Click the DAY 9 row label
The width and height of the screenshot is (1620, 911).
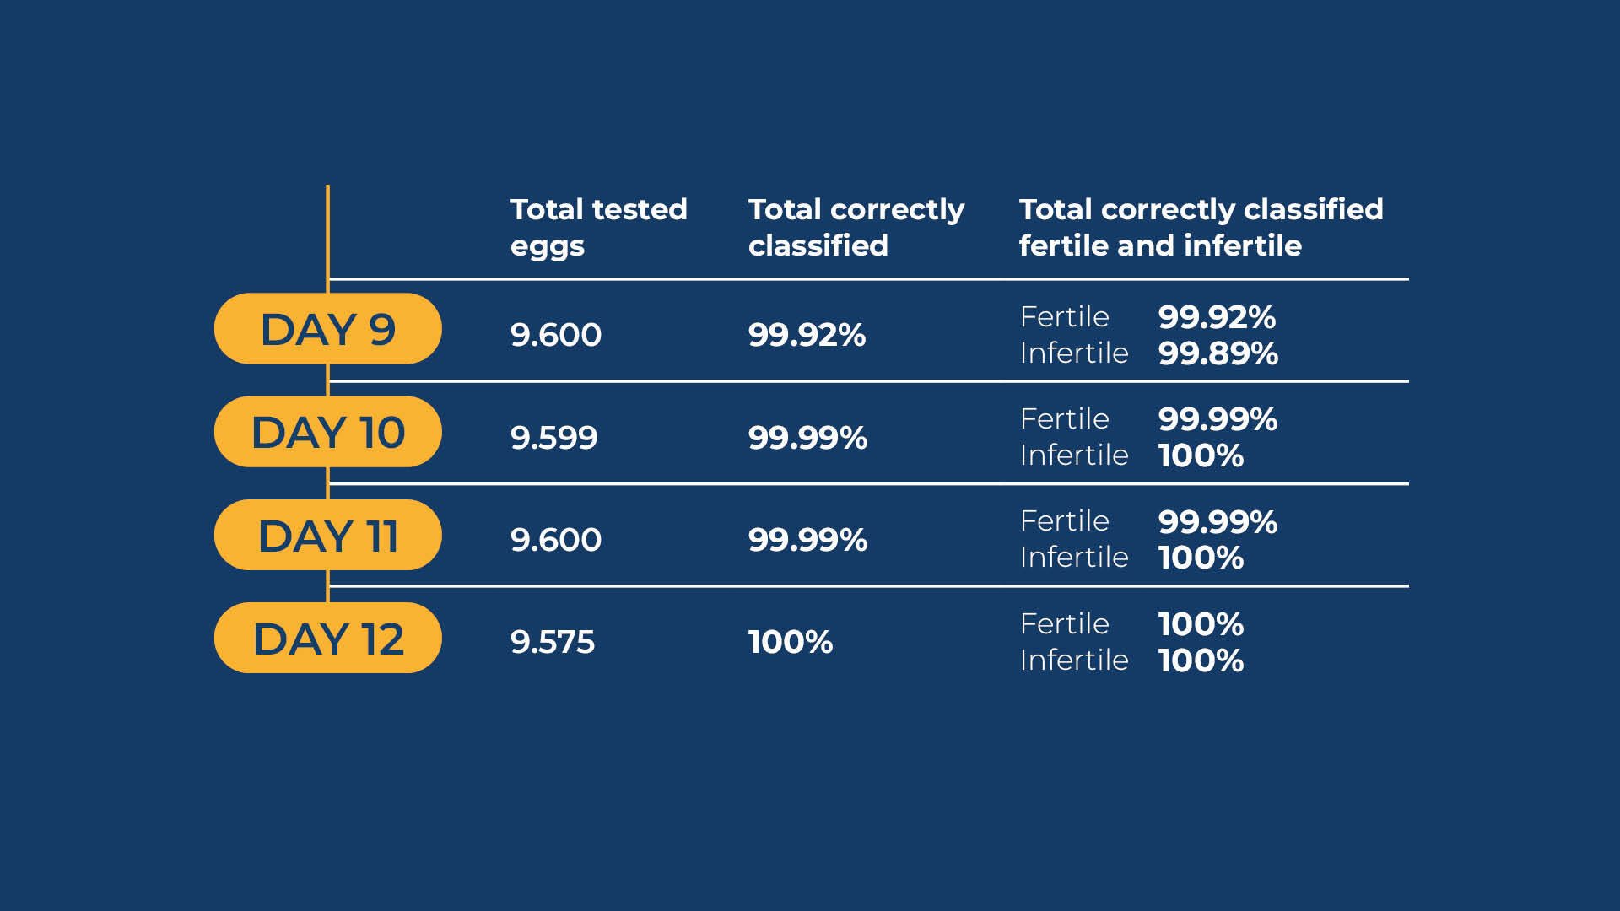coord(327,329)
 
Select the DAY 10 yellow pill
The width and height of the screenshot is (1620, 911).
coord(327,432)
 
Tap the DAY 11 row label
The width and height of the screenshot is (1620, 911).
coord(327,535)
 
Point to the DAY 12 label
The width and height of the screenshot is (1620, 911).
coord(327,638)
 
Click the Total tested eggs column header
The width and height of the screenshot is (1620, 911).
coord(599,228)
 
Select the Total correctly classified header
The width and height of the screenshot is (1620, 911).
coord(856,228)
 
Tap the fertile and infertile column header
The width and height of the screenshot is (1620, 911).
coord(1201,228)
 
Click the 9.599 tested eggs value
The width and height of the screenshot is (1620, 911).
coord(554,438)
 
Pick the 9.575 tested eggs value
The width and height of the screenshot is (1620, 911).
coord(553,642)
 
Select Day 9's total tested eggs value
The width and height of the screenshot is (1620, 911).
coord(556,335)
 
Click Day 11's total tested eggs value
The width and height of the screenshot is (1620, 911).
coord(556,540)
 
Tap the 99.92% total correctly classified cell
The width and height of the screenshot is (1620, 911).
coord(807,335)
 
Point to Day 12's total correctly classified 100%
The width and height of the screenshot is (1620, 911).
coord(791,642)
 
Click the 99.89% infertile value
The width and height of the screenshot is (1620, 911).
coord(1218,353)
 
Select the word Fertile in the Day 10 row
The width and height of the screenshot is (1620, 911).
coord(1065,418)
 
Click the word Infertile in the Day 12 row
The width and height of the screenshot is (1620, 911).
coord(1074,660)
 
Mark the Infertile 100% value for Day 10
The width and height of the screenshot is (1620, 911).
coord(1201,456)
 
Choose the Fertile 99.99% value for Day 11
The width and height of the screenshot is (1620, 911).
coord(1218,522)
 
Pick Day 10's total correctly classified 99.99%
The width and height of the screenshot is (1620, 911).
coord(808,438)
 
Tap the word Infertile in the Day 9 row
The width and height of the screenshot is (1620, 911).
coord(1074,353)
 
